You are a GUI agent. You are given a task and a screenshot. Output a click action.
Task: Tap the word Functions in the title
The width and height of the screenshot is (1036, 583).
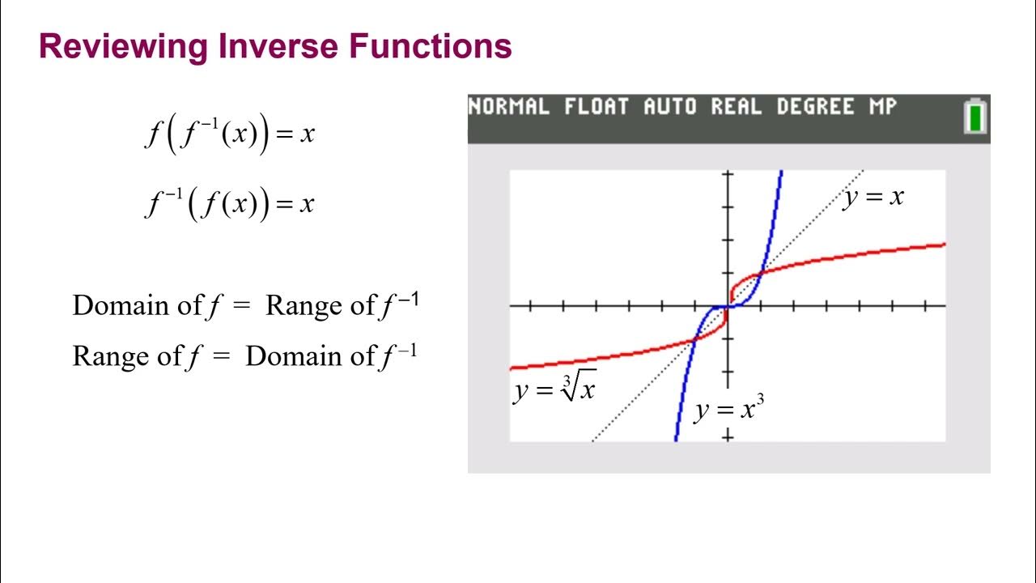click(431, 47)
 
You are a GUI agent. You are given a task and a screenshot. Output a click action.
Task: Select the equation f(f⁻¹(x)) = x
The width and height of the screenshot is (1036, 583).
click(229, 134)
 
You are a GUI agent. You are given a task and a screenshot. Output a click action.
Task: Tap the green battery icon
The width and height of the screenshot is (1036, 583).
click(975, 116)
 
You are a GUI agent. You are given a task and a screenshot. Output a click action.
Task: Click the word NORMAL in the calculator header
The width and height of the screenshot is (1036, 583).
click(509, 107)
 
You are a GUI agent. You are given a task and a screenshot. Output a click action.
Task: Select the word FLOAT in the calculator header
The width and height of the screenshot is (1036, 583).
click(596, 107)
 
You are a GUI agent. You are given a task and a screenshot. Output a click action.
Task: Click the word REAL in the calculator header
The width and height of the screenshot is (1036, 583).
click(737, 107)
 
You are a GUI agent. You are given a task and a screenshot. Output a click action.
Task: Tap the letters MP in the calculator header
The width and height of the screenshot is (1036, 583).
click(882, 107)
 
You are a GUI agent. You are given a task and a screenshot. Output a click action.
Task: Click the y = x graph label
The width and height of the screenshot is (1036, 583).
click(873, 197)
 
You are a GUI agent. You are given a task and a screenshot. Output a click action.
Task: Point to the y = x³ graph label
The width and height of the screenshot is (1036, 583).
click(728, 410)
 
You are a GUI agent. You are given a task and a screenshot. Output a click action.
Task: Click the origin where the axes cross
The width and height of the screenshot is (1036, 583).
click(728, 306)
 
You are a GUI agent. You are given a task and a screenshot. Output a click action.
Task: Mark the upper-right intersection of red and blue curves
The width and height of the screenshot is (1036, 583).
click(761, 274)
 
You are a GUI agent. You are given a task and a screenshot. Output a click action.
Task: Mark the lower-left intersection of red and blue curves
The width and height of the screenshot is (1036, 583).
click(695, 339)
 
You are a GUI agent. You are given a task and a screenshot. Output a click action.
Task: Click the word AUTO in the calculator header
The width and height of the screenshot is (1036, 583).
click(670, 107)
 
